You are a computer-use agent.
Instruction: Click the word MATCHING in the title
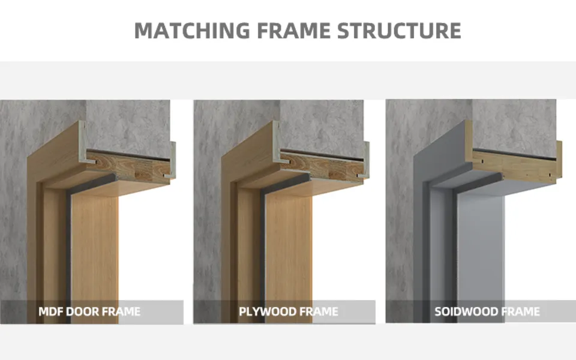click(x=184, y=30)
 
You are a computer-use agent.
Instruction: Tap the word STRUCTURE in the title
click(x=400, y=30)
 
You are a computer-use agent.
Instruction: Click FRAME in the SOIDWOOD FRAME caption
click(x=520, y=312)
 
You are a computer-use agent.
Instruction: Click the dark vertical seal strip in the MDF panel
click(x=69, y=252)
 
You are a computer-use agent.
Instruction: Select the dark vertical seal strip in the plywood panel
click(x=263, y=252)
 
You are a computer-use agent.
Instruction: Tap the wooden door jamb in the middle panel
click(x=288, y=252)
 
